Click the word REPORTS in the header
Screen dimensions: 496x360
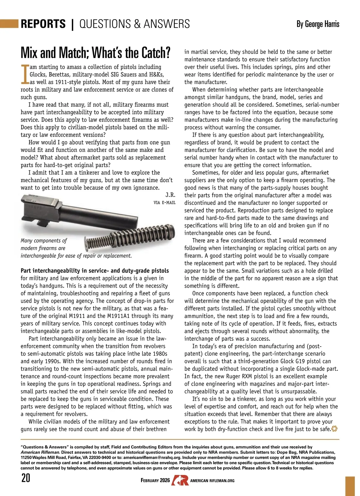click(43, 24)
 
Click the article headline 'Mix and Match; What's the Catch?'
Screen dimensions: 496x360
click(95, 53)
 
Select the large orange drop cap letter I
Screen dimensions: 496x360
click(25, 74)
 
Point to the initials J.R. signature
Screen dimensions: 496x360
click(170, 195)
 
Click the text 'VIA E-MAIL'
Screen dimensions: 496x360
click(164, 203)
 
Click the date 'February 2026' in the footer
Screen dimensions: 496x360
click(155, 480)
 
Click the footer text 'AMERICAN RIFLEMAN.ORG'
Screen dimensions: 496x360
click(212, 481)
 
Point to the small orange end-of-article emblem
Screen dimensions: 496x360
click(334, 429)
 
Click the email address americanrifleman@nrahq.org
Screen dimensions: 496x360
click(151, 458)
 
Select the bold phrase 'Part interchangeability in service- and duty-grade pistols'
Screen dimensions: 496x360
click(95, 271)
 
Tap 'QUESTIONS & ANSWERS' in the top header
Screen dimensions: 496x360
click(135, 24)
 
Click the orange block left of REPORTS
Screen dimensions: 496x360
click(9, 23)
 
